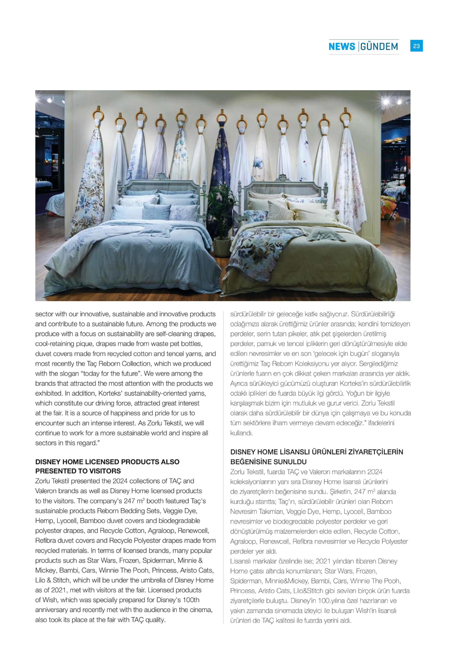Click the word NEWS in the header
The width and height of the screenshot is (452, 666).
click(x=341, y=47)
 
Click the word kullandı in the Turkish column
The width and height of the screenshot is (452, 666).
click(x=241, y=433)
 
